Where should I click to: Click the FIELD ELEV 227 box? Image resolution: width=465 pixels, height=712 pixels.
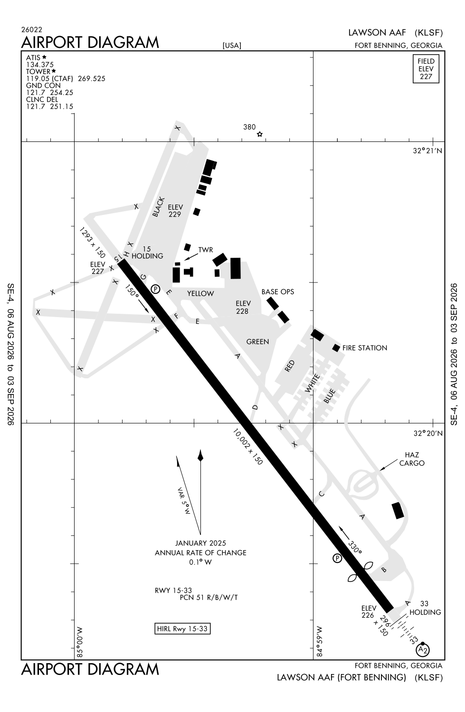click(426, 69)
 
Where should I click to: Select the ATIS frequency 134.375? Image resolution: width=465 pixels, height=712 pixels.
click(40, 65)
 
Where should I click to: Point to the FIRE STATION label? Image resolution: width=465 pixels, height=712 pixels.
click(364, 348)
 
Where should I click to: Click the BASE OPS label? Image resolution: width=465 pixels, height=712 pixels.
click(278, 291)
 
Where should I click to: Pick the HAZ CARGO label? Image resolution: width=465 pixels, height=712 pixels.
click(412, 459)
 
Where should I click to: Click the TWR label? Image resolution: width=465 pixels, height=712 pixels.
click(206, 250)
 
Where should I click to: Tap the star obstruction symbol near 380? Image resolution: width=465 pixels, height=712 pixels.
click(260, 134)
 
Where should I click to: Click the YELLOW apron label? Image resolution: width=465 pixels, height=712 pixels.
click(200, 293)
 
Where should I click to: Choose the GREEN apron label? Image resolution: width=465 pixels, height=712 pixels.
click(257, 341)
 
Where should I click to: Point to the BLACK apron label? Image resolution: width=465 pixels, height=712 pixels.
click(158, 207)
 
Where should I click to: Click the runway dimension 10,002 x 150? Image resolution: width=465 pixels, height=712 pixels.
click(248, 446)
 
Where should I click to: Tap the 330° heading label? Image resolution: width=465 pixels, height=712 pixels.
click(355, 547)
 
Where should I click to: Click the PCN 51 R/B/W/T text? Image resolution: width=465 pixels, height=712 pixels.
click(209, 597)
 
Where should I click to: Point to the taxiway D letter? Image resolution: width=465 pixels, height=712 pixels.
click(255, 407)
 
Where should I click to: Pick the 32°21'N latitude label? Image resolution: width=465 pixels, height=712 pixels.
click(427, 150)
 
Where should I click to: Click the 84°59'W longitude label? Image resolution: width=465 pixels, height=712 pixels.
click(319, 641)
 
